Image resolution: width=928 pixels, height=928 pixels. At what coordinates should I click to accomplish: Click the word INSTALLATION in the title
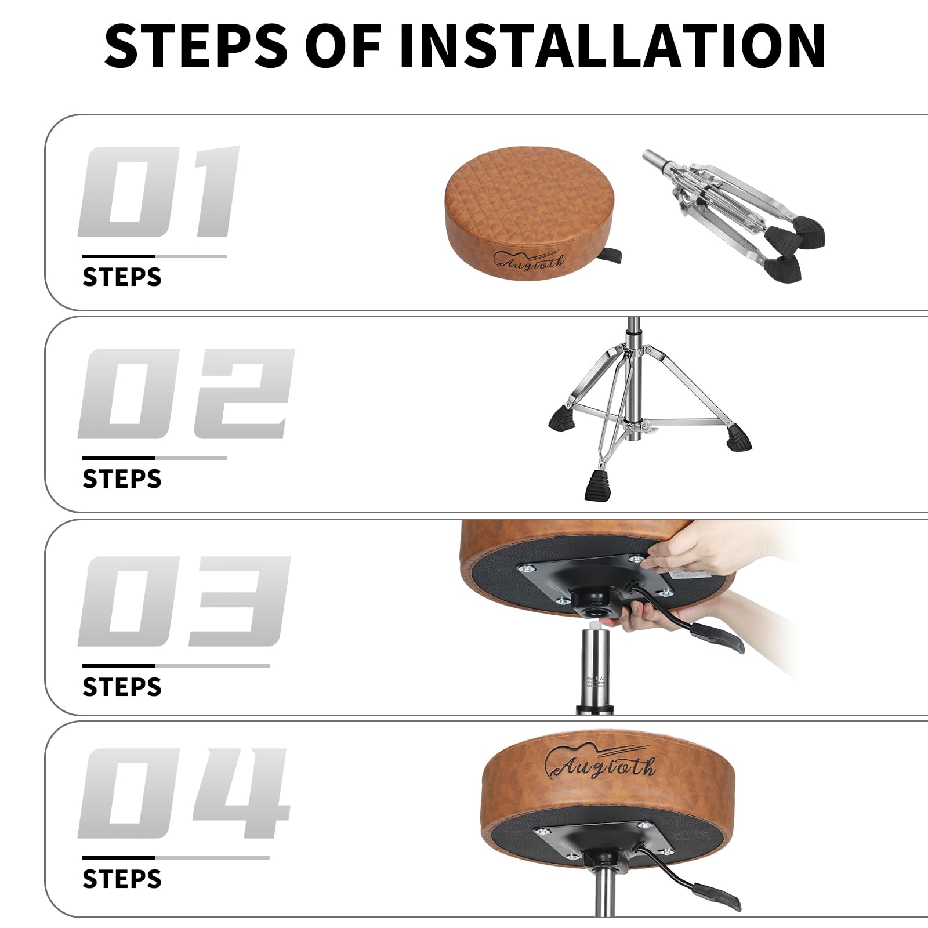(612, 46)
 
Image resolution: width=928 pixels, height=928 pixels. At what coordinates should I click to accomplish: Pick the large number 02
(186, 394)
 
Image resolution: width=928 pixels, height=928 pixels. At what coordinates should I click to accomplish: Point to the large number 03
(184, 601)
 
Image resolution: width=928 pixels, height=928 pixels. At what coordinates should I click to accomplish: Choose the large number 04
(184, 793)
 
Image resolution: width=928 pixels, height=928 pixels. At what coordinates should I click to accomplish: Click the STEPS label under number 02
(122, 479)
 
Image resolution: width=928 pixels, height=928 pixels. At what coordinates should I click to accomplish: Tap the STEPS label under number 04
(122, 879)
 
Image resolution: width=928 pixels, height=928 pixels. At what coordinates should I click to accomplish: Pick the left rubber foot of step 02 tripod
(562, 418)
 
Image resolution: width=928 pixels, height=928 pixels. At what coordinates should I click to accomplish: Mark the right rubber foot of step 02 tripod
(738, 438)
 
